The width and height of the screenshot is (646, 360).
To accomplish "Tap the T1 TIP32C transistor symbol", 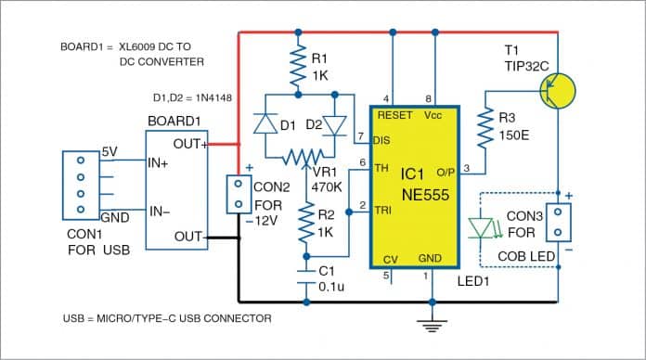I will [x=557, y=89].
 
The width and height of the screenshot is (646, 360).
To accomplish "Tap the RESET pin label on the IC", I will [x=392, y=116].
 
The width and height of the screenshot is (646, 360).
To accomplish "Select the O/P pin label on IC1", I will [x=445, y=171].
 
